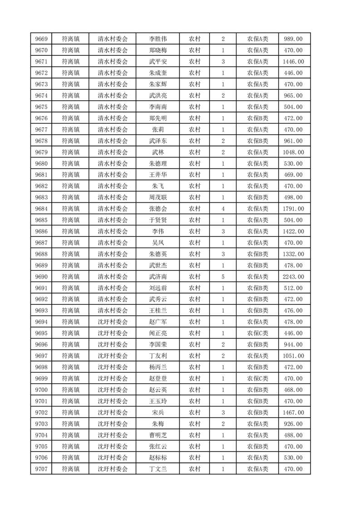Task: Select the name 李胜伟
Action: pos(158,39)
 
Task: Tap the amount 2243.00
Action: pos(293,277)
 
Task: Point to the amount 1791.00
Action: pos(293,209)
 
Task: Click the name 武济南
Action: pos(158,277)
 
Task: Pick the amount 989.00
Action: pos(293,39)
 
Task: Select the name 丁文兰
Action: pos(158,469)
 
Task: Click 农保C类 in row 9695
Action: pos(257,333)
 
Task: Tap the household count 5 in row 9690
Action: pos(223,277)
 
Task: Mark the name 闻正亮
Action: pos(158,333)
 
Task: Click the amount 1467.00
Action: pos(293,412)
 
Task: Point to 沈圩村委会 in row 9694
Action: pos(113,322)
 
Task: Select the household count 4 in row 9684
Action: pos(223,209)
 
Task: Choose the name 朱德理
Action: pos(158,163)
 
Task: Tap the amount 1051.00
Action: pos(293,356)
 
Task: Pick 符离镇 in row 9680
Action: pos(70,163)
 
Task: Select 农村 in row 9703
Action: pos(194,424)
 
